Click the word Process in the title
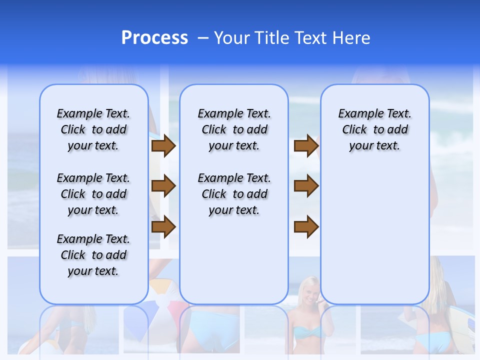point(154,38)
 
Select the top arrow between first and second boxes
point(163,146)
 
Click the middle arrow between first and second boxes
point(163,186)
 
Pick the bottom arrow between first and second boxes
point(163,227)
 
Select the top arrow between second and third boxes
point(306,146)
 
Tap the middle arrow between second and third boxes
point(306,186)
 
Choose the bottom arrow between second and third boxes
point(306,227)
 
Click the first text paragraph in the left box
point(93,129)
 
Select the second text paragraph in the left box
point(93,194)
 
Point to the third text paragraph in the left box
point(93,255)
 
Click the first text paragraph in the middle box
point(234,129)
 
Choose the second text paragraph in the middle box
point(234,194)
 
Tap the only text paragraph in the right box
point(374,129)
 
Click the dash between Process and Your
point(203,38)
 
